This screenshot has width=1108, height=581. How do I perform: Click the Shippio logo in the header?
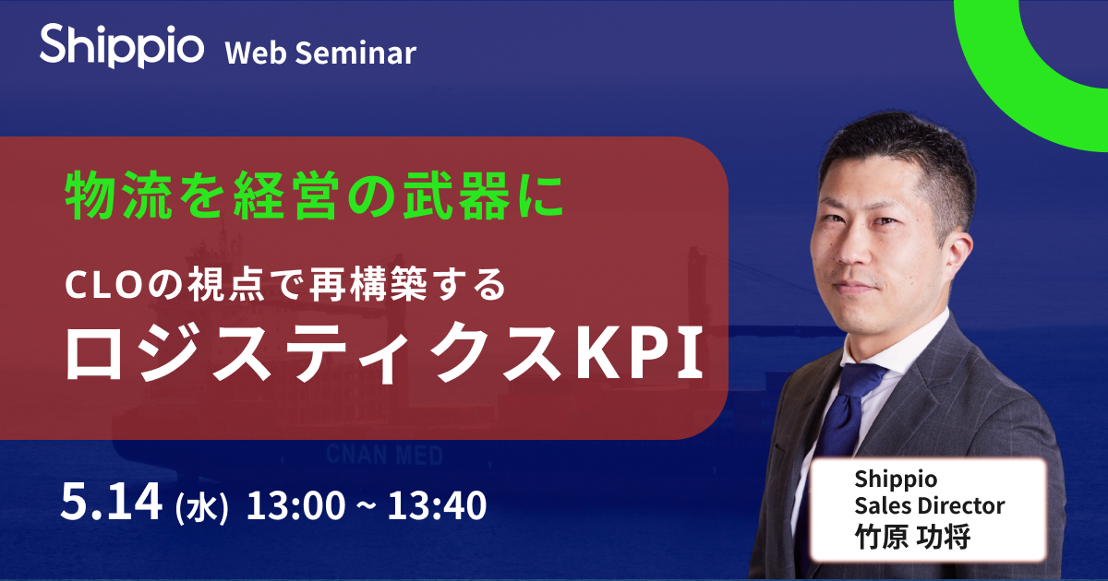[122, 45]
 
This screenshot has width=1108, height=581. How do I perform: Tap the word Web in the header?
[256, 53]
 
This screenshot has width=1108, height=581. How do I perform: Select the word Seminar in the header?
[355, 53]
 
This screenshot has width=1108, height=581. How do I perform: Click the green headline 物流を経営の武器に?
[315, 196]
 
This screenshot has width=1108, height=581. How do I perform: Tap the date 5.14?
[112, 503]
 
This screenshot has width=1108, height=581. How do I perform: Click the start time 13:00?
[295, 505]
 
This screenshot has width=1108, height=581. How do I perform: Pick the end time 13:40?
[437, 505]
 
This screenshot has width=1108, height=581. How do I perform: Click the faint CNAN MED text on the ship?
[384, 456]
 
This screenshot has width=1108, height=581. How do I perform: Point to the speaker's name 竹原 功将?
[913, 536]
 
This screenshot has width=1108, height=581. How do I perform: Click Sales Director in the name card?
[930, 505]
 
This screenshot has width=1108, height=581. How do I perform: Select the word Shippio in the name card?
[896, 480]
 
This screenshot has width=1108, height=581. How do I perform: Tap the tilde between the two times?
[367, 505]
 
